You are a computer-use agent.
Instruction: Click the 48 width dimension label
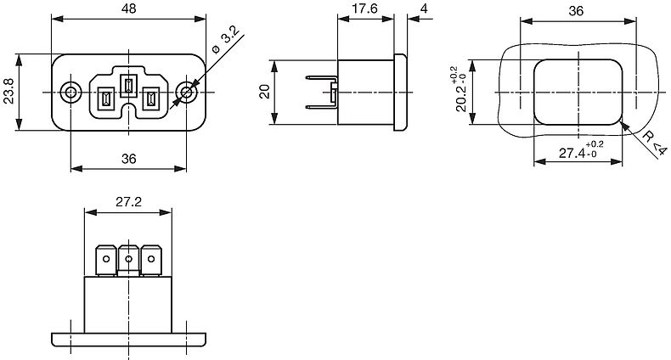pos(129,8)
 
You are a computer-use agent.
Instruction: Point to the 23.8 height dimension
pos(8,91)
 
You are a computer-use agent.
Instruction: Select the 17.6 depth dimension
pos(365,8)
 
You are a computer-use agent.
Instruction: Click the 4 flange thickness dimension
pos(424,8)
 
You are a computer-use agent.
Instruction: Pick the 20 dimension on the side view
pos(265,92)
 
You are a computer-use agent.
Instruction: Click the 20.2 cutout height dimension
pos(462,89)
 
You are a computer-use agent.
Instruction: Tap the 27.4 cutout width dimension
pos(581,150)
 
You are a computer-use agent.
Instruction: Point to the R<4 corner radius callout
pos(655,143)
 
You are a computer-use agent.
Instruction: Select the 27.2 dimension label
pos(128,202)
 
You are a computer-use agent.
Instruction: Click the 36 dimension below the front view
pos(128,159)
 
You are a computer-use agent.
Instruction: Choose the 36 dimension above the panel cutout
pos(576,11)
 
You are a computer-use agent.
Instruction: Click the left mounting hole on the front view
pos(70,92)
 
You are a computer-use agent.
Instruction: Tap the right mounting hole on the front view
pos(187,92)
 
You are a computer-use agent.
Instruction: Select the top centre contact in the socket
pos(128,86)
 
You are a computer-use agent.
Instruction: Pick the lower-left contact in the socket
pos(105,98)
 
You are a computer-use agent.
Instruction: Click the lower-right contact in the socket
pos(150,98)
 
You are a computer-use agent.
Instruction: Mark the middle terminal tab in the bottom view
pos(128,260)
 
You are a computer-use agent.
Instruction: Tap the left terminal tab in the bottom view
pos(105,260)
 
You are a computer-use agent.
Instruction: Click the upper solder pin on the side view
pos(321,78)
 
